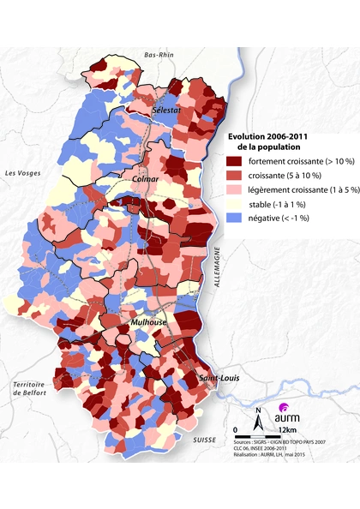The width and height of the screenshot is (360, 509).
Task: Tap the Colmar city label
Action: [x=147, y=181]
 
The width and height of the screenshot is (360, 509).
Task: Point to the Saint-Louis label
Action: [x=219, y=379]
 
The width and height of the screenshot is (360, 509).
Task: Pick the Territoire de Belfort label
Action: [x=28, y=390]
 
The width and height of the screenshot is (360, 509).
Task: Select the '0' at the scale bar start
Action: [x=237, y=429]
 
